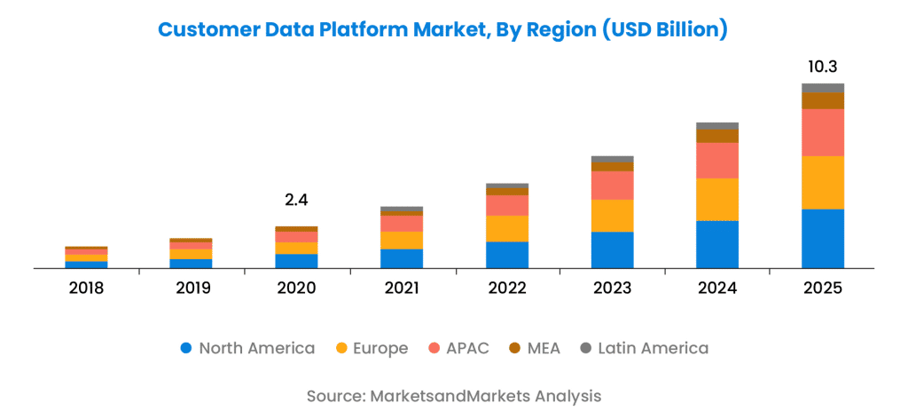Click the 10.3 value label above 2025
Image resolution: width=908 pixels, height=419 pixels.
pyautogui.click(x=823, y=67)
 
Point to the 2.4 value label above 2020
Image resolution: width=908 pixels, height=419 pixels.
pyautogui.click(x=296, y=201)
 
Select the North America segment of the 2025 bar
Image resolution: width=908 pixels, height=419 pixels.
pyautogui.click(x=823, y=238)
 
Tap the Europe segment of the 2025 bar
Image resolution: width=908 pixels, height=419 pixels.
pyautogui.click(x=823, y=182)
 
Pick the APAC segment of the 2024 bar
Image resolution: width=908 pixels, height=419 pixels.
pyautogui.click(x=717, y=161)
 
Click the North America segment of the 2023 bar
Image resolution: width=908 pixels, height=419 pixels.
pyautogui.click(x=612, y=249)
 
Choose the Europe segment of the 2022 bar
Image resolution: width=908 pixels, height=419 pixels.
pyautogui.click(x=507, y=228)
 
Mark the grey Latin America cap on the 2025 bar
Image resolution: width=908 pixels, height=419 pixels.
pyautogui.click(x=823, y=88)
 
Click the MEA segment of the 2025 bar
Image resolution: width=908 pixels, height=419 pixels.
pyautogui.click(x=823, y=101)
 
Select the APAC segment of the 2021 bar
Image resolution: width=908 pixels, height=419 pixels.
pyautogui.click(x=402, y=223)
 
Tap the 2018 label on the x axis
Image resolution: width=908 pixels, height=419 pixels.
pyautogui.click(x=86, y=289)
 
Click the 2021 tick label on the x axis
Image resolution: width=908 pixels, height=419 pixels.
pyautogui.click(x=402, y=289)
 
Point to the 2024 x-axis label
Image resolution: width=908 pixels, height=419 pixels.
pyautogui.click(x=717, y=289)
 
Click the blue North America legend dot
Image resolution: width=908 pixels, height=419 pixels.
pyautogui.click(x=186, y=348)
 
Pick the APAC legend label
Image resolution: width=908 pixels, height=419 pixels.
pyautogui.click(x=468, y=348)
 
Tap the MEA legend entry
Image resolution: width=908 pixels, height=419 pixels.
pyautogui.click(x=544, y=348)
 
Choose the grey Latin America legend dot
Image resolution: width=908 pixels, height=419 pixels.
pyautogui.click(x=586, y=348)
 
